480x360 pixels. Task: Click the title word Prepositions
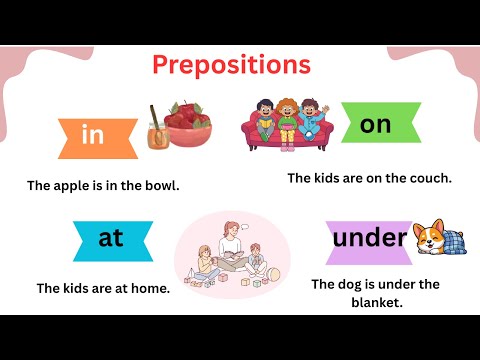pyautogui.click(x=231, y=66)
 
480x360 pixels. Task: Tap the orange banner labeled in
pyautogui.click(x=93, y=136)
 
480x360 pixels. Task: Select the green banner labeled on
pyautogui.click(x=375, y=124)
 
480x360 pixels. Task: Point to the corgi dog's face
pyautogui.click(x=429, y=238)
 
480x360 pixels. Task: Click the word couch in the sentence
pyautogui.click(x=427, y=178)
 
